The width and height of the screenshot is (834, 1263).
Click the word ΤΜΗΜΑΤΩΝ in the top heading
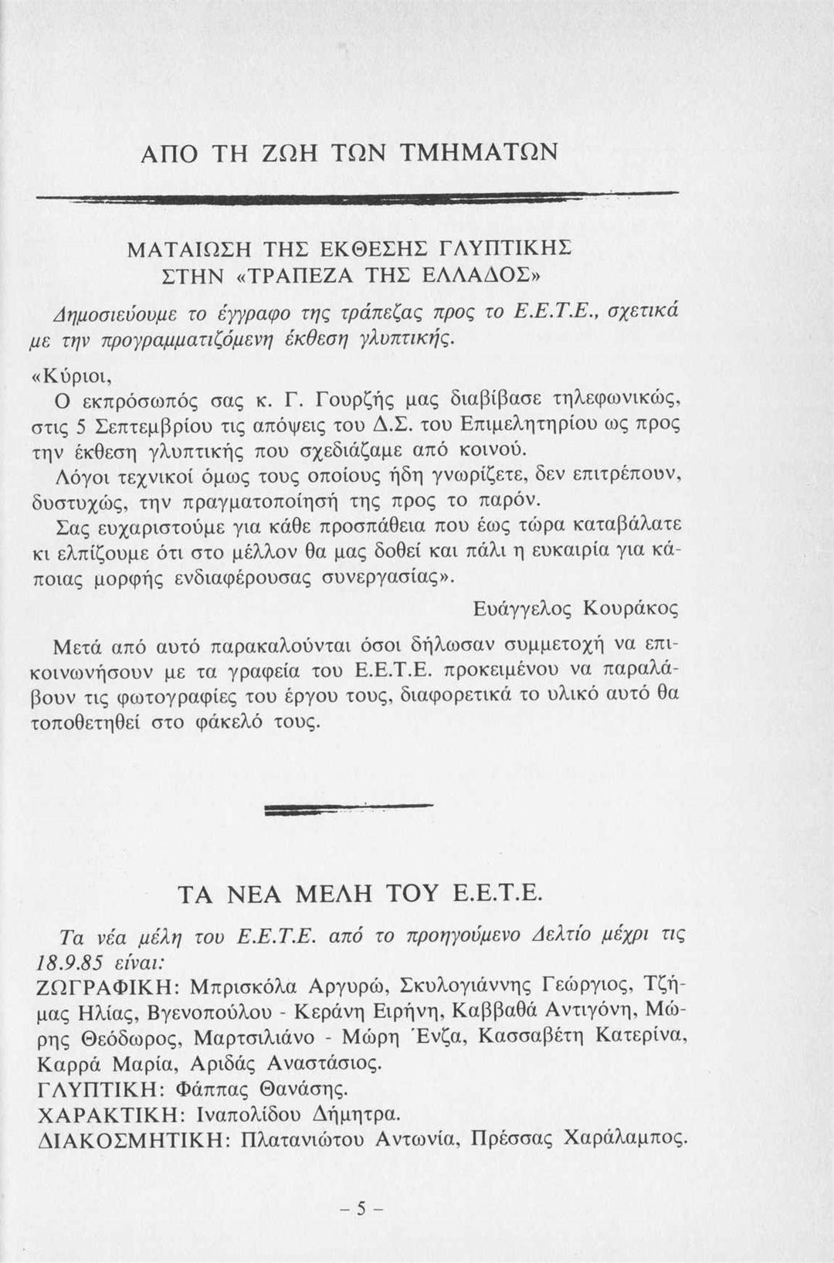[x=480, y=151]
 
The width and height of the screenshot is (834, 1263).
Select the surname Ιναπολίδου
[x=249, y=1115]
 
